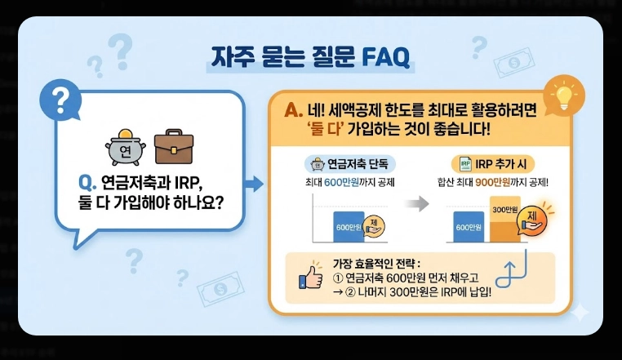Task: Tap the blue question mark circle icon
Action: coord(59,100)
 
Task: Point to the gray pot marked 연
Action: coord(125,149)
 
